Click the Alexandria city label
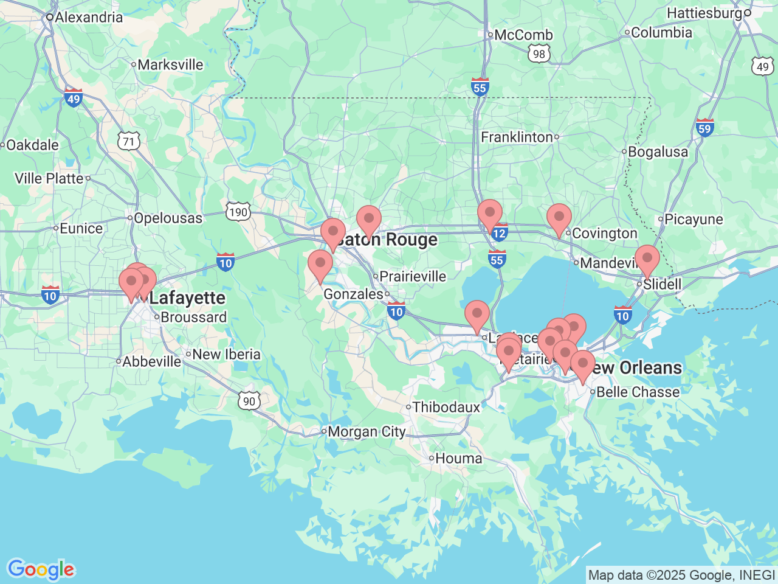tap(88, 17)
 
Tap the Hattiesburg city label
tap(704, 13)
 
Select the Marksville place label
tap(170, 64)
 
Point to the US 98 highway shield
tap(539, 54)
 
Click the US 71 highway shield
tap(129, 142)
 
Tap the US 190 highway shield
tap(238, 212)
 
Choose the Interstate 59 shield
tap(704, 128)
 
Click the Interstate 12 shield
tap(499, 232)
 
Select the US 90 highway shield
tap(249, 400)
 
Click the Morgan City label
tap(367, 432)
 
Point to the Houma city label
tap(459, 458)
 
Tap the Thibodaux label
tap(446, 407)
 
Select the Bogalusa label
tap(658, 151)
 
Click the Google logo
tap(41, 569)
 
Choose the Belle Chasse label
tap(638, 392)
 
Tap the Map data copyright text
tap(681, 575)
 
